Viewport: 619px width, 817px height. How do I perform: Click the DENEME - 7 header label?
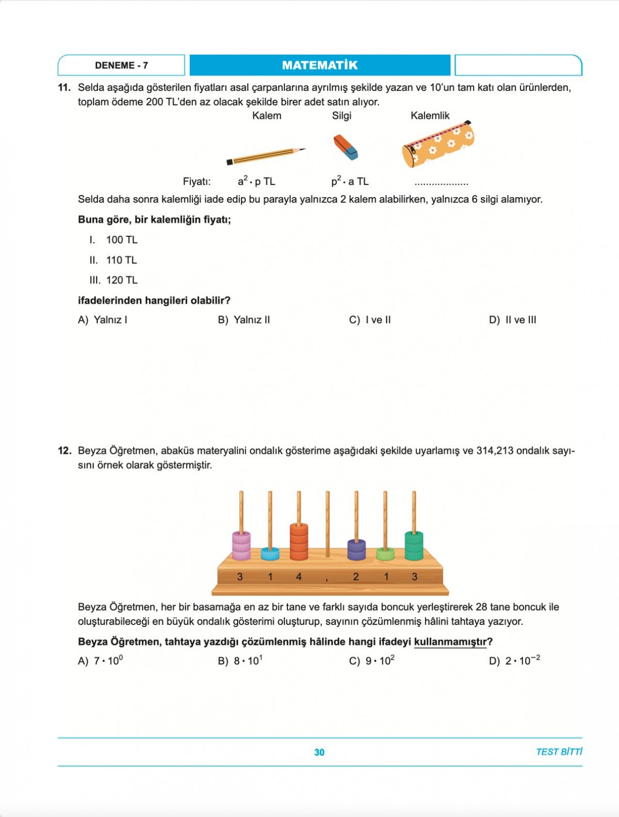coord(121,66)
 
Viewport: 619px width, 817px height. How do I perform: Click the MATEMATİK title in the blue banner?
coord(320,66)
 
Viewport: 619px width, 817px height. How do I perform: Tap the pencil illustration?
coord(266,155)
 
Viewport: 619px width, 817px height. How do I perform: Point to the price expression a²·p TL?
coord(256,181)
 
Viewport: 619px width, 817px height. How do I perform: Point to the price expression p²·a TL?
coord(350,181)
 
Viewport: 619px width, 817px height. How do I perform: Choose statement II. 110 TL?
coord(113,260)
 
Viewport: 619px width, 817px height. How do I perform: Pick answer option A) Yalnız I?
coord(103,320)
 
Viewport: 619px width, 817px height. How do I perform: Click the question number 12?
coord(64,451)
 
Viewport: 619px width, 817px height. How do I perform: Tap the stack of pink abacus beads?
coord(241,546)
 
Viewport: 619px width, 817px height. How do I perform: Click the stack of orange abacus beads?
coord(299,542)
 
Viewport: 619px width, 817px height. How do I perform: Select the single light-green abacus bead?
coord(385,554)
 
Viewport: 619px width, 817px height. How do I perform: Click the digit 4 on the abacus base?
coord(299,576)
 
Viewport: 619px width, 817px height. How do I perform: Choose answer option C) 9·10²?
coord(372,661)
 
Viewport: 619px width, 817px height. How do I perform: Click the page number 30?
coord(319,752)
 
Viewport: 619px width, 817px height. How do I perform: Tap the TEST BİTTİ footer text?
coord(559,752)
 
